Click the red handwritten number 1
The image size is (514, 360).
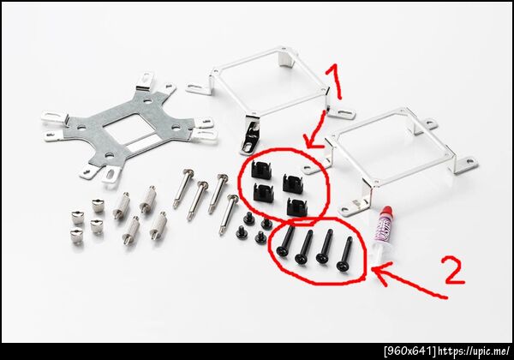[334, 82]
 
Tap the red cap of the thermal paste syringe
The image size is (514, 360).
[387, 211]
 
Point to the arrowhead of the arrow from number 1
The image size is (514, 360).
[310, 141]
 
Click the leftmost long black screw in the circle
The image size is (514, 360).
[285, 241]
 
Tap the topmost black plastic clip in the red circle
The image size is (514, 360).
[261, 171]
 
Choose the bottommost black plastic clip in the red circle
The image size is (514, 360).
[297, 207]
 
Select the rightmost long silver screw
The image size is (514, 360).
[229, 214]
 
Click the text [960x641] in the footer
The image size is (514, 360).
[410, 351]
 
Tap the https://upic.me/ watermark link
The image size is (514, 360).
[474, 351]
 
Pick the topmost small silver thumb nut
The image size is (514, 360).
[98, 205]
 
